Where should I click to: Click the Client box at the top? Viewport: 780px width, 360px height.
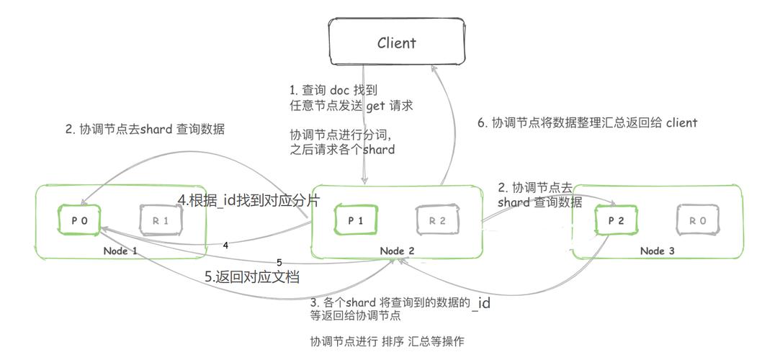396,42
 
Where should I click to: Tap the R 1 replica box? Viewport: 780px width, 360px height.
161,221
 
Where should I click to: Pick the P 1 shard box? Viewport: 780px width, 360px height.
356,221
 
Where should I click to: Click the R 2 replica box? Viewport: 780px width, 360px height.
437,221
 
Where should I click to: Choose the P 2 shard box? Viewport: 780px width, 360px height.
617,221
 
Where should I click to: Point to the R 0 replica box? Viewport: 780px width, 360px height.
697,221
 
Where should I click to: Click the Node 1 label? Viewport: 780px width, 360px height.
120,251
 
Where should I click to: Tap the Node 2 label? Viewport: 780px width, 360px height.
397,251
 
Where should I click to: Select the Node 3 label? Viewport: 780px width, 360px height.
657,251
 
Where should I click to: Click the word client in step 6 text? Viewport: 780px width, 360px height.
681,122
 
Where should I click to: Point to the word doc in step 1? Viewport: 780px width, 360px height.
339,90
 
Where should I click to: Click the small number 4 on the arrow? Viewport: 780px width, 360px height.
225,246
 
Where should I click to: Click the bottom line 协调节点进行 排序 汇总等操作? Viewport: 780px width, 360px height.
392,341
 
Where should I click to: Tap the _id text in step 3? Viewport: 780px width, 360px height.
481,303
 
